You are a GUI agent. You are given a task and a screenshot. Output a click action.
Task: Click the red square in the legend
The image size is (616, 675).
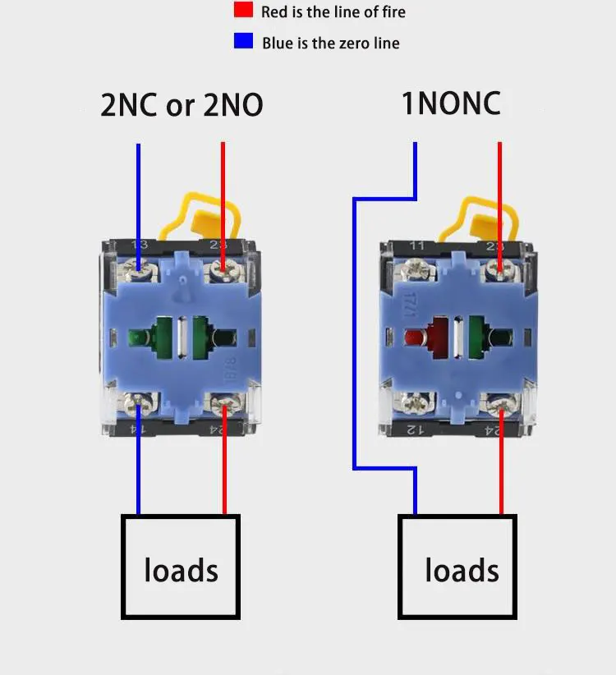(x=243, y=11)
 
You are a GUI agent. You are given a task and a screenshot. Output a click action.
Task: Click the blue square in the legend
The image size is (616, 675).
(x=243, y=40)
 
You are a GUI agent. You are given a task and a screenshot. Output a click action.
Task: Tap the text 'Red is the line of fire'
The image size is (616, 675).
(x=333, y=11)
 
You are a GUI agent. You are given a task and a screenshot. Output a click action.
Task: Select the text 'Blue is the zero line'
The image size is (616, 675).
(x=330, y=43)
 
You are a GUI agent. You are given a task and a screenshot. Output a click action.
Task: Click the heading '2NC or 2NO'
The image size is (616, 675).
(x=182, y=105)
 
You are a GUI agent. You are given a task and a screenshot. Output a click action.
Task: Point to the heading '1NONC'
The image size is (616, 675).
(x=450, y=103)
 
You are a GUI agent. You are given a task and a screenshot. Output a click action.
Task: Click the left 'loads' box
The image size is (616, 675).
(x=181, y=567)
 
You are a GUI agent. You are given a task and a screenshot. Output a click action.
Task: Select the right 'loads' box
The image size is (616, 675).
(x=457, y=567)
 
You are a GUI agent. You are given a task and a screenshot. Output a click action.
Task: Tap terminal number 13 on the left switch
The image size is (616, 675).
(x=140, y=245)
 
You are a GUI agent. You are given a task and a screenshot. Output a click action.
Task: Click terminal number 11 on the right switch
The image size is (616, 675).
(x=417, y=245)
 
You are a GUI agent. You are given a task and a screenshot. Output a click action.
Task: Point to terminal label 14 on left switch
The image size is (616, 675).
(x=140, y=429)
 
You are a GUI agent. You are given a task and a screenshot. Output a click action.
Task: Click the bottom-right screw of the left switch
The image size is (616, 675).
(x=222, y=402)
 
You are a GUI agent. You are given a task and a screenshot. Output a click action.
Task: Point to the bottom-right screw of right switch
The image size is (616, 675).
(x=499, y=402)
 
